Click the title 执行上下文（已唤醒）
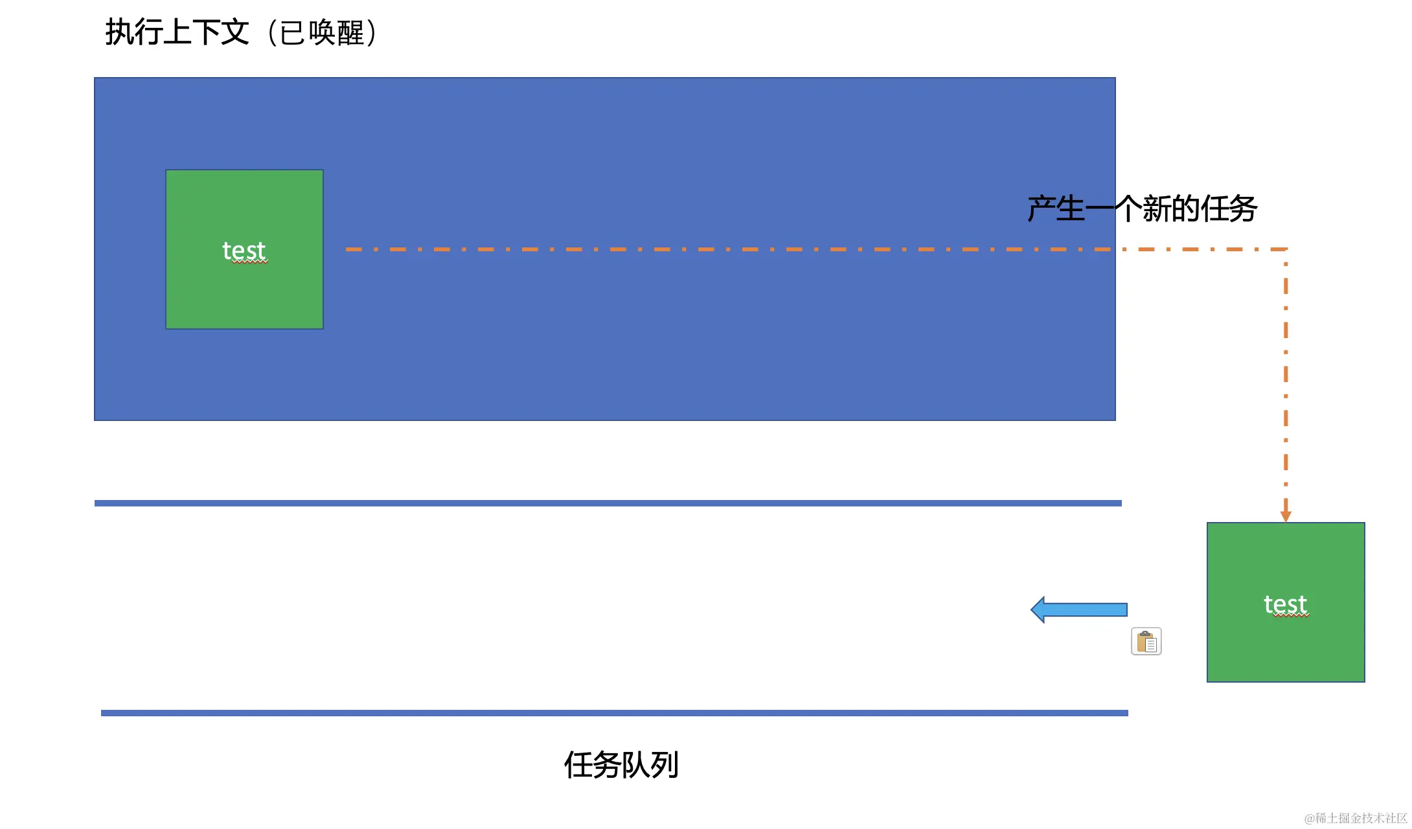(241, 32)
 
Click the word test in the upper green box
(244, 251)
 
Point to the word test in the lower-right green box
(1286, 604)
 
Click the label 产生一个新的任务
(1142, 209)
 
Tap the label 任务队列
(621, 765)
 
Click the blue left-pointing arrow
(1078, 609)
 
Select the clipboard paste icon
(1146, 642)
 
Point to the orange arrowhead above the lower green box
(1286, 516)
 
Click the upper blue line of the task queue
(608, 503)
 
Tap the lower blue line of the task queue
(614, 713)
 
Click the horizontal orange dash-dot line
(712, 249)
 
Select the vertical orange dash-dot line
(1286, 376)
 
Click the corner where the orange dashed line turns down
(1286, 249)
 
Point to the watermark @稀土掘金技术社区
(1355, 818)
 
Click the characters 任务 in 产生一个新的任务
(1229, 209)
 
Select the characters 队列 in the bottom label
(650, 765)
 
